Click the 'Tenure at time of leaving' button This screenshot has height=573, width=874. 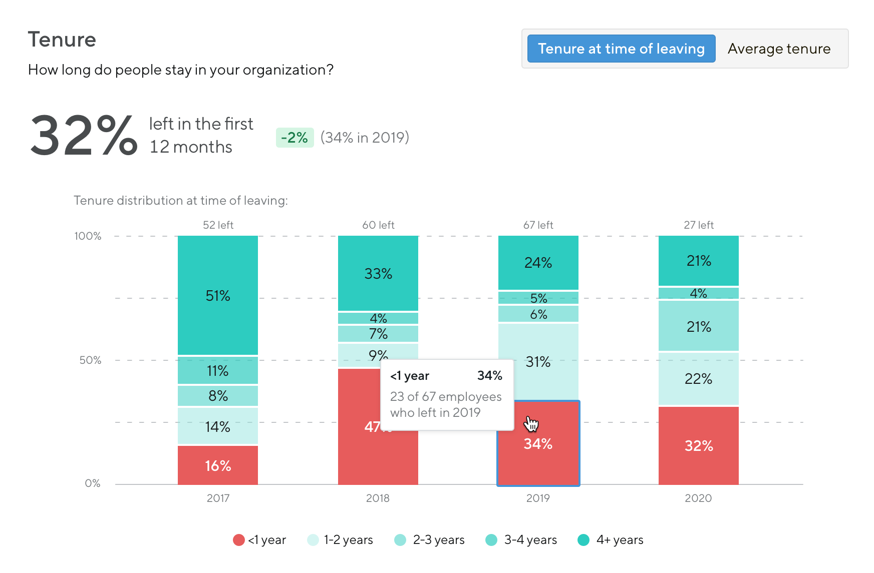[x=621, y=49]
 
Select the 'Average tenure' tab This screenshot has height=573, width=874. [x=779, y=49]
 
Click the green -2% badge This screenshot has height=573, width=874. [x=295, y=138]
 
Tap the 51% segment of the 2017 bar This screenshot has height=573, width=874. [x=218, y=295]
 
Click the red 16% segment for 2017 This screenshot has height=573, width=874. [x=218, y=465]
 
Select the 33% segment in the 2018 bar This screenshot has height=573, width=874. [x=378, y=273]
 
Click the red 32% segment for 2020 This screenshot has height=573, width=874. [x=699, y=445]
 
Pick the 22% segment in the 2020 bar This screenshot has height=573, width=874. [x=699, y=379]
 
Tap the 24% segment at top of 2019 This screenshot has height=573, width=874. [x=538, y=263]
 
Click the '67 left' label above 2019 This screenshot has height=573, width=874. [x=538, y=225]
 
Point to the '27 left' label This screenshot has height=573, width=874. [x=699, y=225]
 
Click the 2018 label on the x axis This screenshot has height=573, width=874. [x=378, y=498]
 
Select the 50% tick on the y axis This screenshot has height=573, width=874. [x=90, y=360]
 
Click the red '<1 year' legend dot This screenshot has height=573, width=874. [x=239, y=540]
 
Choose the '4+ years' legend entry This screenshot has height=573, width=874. [x=611, y=540]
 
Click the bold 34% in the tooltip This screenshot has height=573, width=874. [x=489, y=376]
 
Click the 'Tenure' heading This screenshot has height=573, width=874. [x=62, y=40]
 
